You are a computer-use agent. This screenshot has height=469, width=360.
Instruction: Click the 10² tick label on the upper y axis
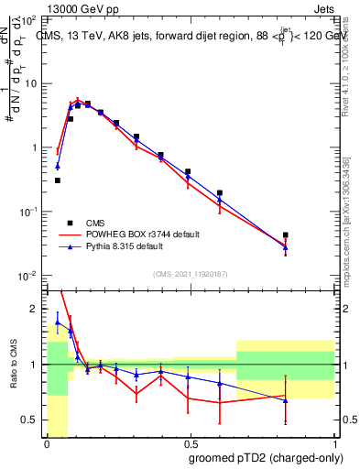(x=31, y=19)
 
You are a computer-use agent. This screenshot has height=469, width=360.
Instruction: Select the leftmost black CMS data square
(x=57, y=180)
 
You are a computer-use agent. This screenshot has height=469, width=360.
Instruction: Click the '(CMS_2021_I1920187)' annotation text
(x=190, y=273)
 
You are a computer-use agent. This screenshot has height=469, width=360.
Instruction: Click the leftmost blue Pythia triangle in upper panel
(x=57, y=166)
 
